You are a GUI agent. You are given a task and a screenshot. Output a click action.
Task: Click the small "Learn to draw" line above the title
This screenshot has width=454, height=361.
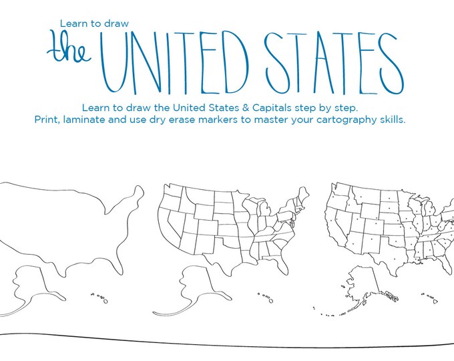pyautogui.click(x=94, y=23)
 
